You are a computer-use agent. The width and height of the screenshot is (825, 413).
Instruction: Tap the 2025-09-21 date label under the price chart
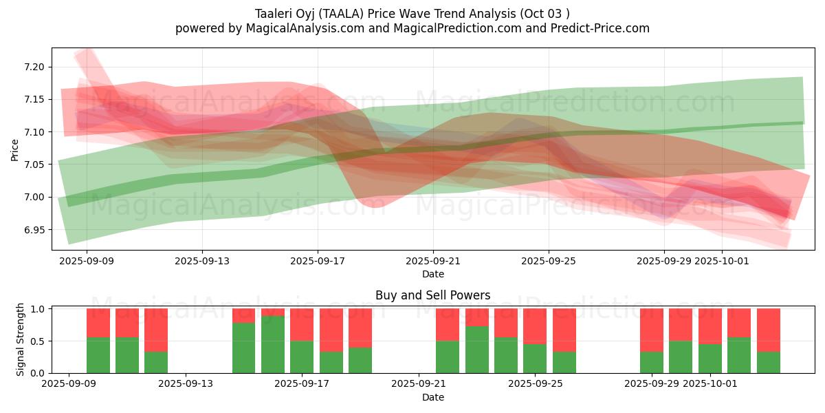[433, 262]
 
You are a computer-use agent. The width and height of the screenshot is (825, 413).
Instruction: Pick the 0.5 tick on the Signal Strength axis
[38, 341]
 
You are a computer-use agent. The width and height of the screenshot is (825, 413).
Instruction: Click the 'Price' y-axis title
[14, 149]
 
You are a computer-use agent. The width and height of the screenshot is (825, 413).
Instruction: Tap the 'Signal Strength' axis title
[21, 339]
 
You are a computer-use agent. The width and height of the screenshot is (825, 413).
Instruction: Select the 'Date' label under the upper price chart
[433, 274]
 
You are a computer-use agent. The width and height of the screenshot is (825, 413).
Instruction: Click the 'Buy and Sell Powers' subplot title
[433, 295]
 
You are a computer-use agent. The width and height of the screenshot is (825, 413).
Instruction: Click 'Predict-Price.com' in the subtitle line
[602, 28]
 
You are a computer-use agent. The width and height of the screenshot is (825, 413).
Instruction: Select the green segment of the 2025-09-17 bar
[302, 357]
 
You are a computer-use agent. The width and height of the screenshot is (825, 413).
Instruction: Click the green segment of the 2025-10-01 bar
[710, 358]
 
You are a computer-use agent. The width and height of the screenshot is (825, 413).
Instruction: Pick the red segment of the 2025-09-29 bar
[652, 330]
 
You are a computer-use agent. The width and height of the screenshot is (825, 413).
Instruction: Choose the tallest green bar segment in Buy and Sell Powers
[273, 344]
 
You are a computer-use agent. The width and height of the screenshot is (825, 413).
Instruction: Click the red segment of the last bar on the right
[769, 330]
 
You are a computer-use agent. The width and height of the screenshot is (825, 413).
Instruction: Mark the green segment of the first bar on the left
[98, 355]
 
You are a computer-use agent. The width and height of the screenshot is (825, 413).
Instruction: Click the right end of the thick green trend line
[802, 123]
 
